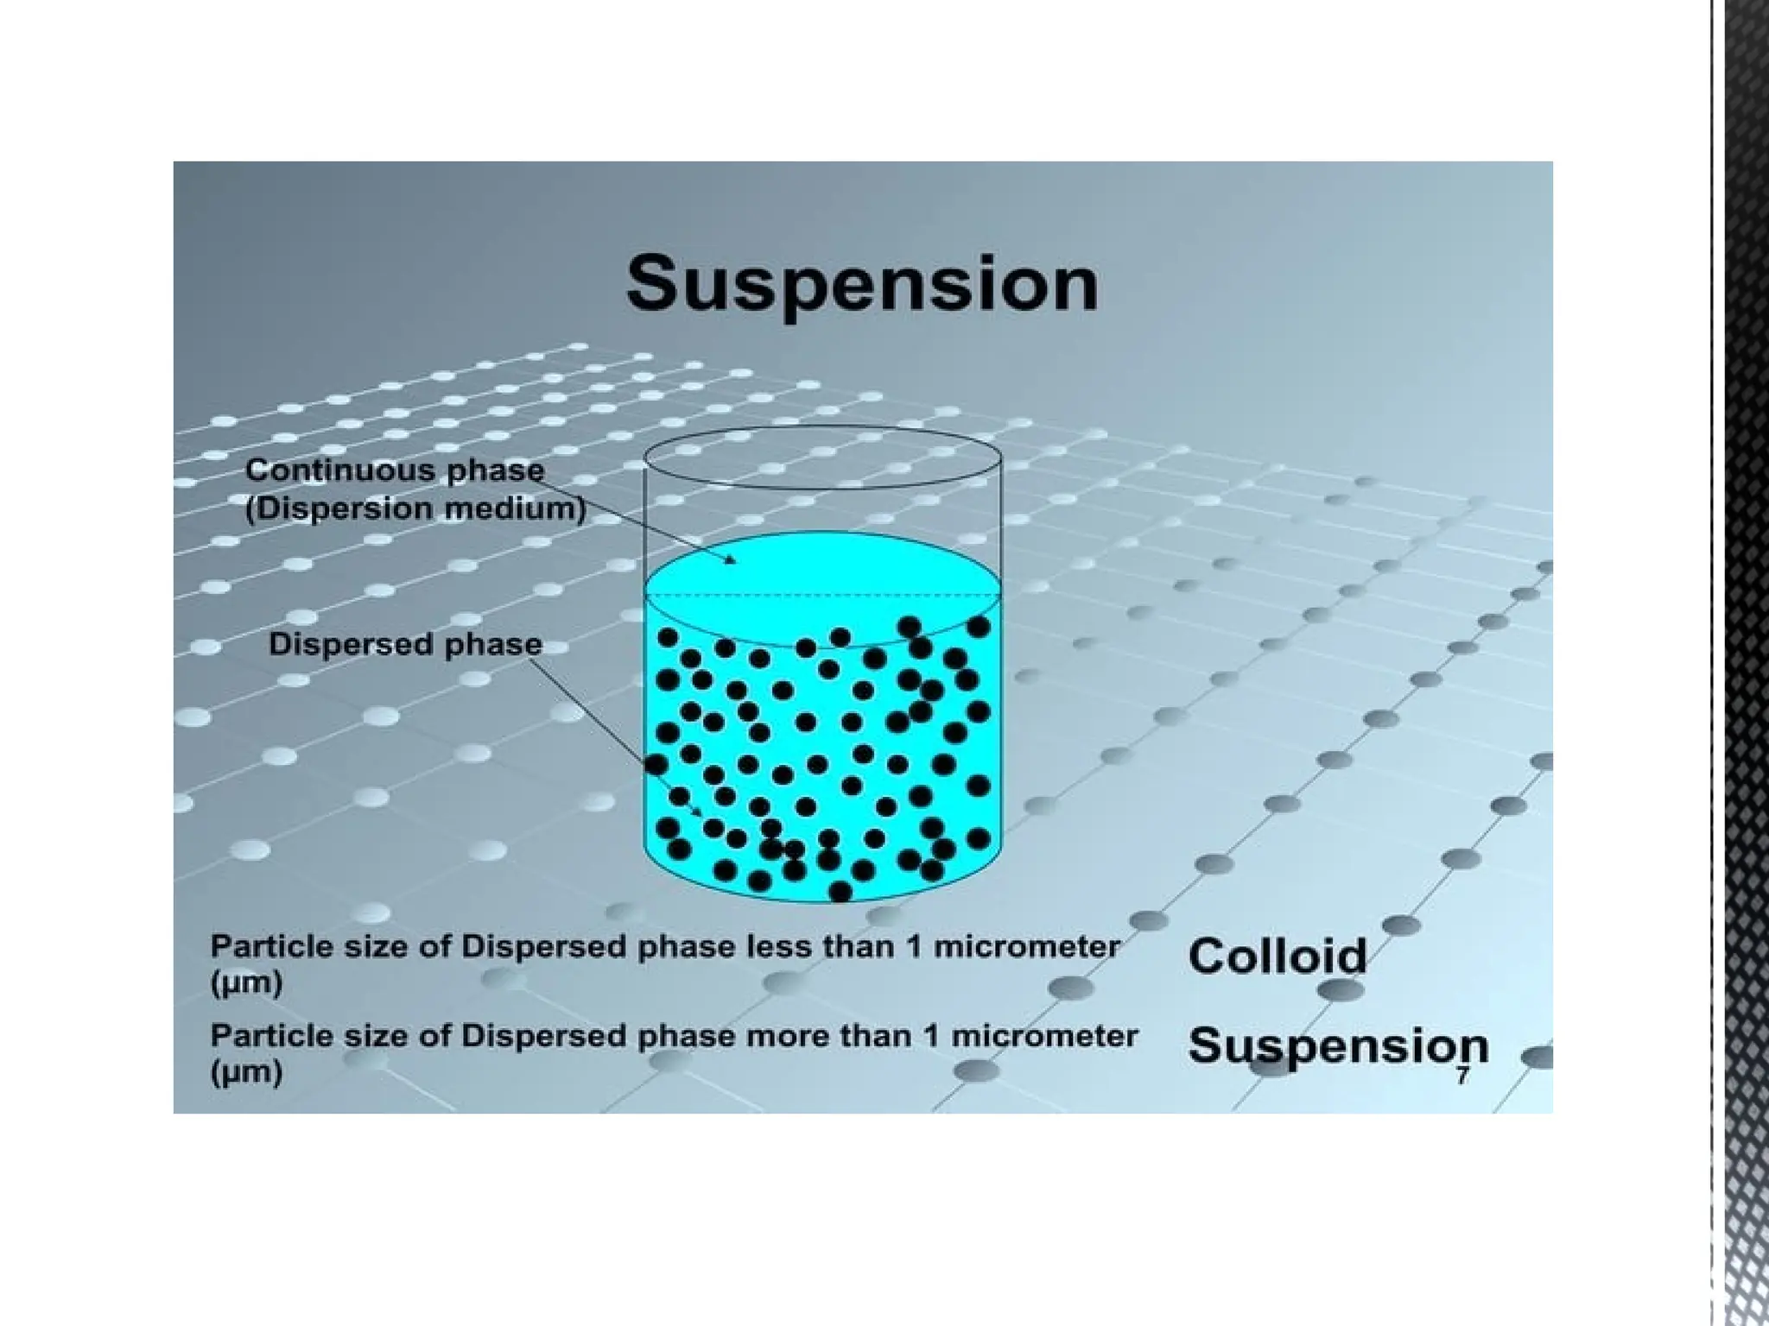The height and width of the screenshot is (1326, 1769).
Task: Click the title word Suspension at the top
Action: pos(862,284)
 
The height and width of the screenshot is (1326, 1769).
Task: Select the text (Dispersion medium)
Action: pos(415,508)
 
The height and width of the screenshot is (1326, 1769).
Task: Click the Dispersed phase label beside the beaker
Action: pos(405,644)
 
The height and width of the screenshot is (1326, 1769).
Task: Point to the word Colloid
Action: pos(1277,957)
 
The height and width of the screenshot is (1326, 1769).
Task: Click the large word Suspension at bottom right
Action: pos(1338,1045)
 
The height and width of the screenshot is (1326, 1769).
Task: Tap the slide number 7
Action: pos(1462,1077)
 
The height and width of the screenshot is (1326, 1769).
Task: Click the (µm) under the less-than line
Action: pos(246,983)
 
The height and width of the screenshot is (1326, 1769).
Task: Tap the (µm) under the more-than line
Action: pos(246,1072)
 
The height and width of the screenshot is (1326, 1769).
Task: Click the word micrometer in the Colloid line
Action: pos(1027,947)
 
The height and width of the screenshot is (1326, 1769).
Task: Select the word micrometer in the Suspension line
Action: pos(1044,1036)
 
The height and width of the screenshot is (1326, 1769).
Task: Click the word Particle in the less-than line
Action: pos(260,947)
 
